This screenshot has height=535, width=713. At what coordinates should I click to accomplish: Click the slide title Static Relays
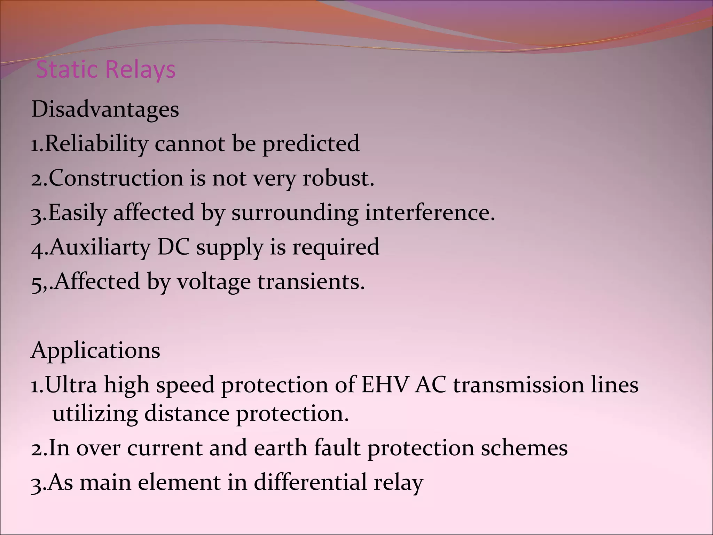coord(106,70)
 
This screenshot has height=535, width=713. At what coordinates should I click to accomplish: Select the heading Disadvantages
coord(105,109)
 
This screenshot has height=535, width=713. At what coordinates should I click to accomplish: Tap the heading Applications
coord(96,350)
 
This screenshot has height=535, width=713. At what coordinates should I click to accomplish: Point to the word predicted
coord(311,144)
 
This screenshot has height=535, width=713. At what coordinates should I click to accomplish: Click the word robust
coord(338,178)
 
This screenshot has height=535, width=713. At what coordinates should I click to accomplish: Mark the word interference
coord(430,212)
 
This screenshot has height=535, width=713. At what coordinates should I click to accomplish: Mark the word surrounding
coord(295,212)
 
